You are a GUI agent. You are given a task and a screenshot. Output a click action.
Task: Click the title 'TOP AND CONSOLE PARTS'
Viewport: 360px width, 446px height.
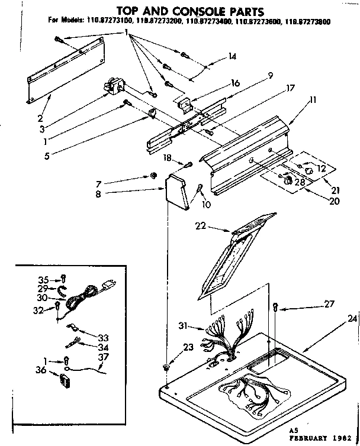coord(181,11)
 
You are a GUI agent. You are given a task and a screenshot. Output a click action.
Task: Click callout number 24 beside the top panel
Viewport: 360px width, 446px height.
coord(352,318)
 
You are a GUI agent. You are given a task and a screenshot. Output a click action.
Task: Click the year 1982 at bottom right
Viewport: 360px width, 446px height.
coord(340,441)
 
